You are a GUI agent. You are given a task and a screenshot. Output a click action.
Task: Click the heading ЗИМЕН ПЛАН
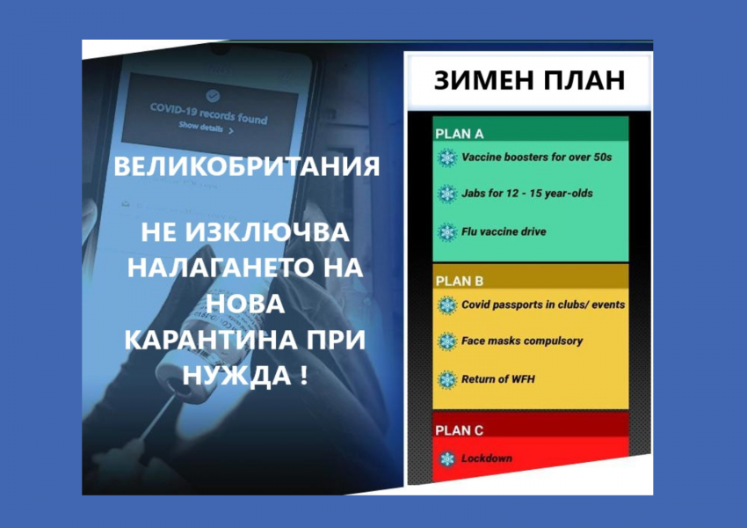(x=529, y=80)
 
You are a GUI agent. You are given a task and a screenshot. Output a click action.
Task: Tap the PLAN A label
(x=460, y=134)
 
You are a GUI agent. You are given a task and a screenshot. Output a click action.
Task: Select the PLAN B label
(x=460, y=282)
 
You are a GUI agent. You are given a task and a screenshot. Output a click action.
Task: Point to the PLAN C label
(x=460, y=430)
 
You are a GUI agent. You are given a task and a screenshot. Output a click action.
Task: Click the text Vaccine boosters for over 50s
(x=536, y=157)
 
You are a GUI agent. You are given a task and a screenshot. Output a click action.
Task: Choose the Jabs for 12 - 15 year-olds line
(x=527, y=194)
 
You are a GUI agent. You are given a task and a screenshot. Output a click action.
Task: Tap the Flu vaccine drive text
(x=504, y=231)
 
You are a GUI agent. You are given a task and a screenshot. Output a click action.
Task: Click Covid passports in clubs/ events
(x=543, y=304)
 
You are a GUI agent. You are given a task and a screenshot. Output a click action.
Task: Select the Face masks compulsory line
(x=522, y=341)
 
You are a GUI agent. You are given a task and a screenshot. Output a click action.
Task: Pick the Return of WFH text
(x=497, y=379)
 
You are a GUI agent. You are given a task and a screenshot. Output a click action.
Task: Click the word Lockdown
(x=486, y=458)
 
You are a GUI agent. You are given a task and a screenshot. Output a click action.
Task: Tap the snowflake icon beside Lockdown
(x=446, y=458)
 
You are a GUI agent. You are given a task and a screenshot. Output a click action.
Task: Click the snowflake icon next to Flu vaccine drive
(x=446, y=232)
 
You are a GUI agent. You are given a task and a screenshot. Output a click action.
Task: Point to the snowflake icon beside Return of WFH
(x=446, y=379)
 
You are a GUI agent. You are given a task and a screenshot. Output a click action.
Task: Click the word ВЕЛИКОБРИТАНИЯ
(x=247, y=166)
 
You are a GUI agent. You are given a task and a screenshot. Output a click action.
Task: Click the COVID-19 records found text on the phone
(x=208, y=114)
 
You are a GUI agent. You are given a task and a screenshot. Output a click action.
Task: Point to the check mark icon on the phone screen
(x=213, y=96)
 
